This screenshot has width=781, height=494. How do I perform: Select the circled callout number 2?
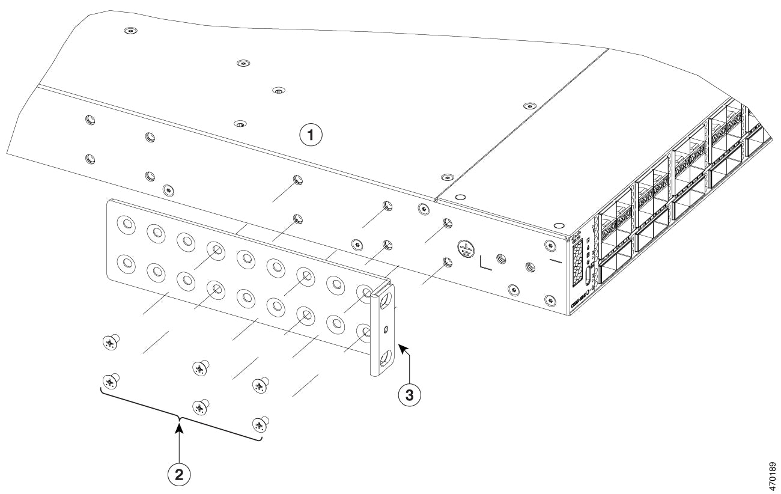point(178,474)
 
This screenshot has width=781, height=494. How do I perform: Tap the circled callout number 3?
point(410,395)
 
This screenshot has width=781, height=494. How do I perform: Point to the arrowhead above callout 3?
point(402,349)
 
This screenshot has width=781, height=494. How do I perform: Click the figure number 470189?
point(772,477)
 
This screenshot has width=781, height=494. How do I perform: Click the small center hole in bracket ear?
point(386,329)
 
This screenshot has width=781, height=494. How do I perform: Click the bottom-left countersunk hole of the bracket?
point(126,263)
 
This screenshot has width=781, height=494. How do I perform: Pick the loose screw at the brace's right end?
point(260,424)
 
